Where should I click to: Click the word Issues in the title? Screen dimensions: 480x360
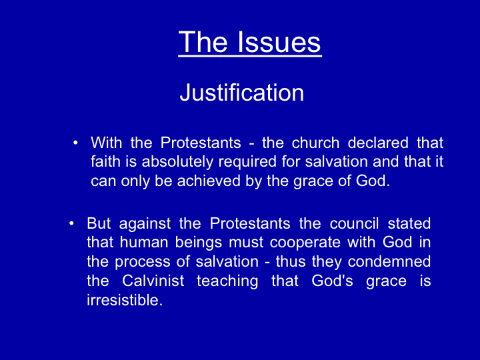point(279,42)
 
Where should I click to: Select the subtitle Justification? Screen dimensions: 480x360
point(242,92)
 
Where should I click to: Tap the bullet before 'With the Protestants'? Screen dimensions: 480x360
point(75,143)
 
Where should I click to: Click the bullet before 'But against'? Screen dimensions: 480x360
point(71,223)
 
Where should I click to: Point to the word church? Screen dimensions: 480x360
point(315,143)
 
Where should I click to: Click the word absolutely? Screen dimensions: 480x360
point(177,162)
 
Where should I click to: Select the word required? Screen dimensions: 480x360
point(247,163)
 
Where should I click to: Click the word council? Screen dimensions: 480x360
point(354,223)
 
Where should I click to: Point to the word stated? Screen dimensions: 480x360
point(409,223)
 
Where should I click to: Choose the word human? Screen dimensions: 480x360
point(144,242)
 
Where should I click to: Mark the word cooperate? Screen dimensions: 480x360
point(305,243)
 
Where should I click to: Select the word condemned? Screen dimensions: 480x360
point(389,261)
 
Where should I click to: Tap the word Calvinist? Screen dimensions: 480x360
point(153,281)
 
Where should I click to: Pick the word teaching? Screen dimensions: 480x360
point(227,281)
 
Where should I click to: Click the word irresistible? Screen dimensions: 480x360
point(125,300)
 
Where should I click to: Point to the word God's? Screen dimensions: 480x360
point(332,281)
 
